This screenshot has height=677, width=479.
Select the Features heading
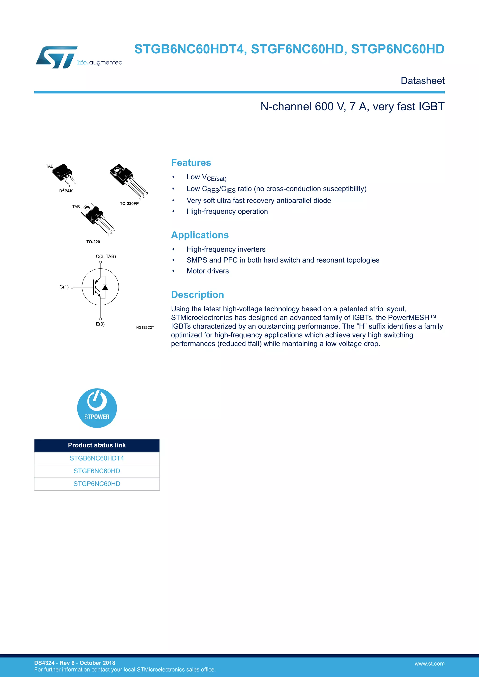point(191,162)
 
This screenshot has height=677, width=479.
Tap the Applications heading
point(200,235)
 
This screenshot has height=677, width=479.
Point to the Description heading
point(197,294)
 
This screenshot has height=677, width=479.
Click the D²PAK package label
point(66,191)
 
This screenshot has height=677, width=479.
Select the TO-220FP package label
point(129,203)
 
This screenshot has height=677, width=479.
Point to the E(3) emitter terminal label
point(100,324)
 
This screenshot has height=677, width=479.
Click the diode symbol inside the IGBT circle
point(105,287)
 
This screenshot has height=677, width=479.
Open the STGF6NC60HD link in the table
point(97,471)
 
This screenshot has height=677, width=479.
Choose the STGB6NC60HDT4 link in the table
point(97,458)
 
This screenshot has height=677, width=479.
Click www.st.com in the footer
point(429,663)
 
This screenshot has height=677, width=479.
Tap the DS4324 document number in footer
point(44,663)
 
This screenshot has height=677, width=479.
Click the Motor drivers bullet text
point(208,271)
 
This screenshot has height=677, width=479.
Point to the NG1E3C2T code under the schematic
point(145,327)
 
